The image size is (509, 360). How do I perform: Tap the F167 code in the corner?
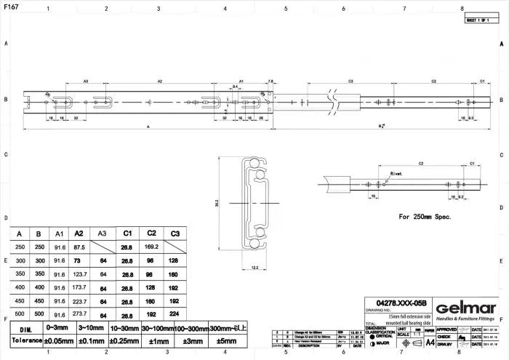point(11,6)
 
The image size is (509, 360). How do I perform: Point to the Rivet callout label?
point(396,173)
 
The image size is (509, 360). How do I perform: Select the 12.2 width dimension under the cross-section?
point(254,268)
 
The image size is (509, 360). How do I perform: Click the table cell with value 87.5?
point(79,247)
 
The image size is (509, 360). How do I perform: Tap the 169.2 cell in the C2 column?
point(151,247)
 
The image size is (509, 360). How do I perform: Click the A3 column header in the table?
point(103,233)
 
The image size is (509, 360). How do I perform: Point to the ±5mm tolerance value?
point(227,340)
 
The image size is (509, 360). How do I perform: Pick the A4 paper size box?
point(430,340)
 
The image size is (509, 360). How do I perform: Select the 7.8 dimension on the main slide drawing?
point(270,81)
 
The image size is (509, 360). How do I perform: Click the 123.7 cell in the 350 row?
point(79,274)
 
